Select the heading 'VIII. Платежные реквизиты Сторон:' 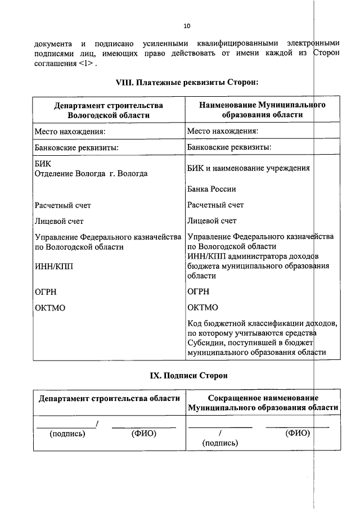tap(187, 82)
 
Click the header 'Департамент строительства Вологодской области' tap(109, 110)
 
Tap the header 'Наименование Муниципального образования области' tap(262, 110)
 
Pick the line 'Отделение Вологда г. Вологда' tap(91, 173)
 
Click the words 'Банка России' tap(211, 189)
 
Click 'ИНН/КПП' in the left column tap(53, 267)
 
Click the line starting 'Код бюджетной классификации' tap(262, 323)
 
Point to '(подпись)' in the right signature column tap(220, 443)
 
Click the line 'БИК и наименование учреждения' tap(249, 168)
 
